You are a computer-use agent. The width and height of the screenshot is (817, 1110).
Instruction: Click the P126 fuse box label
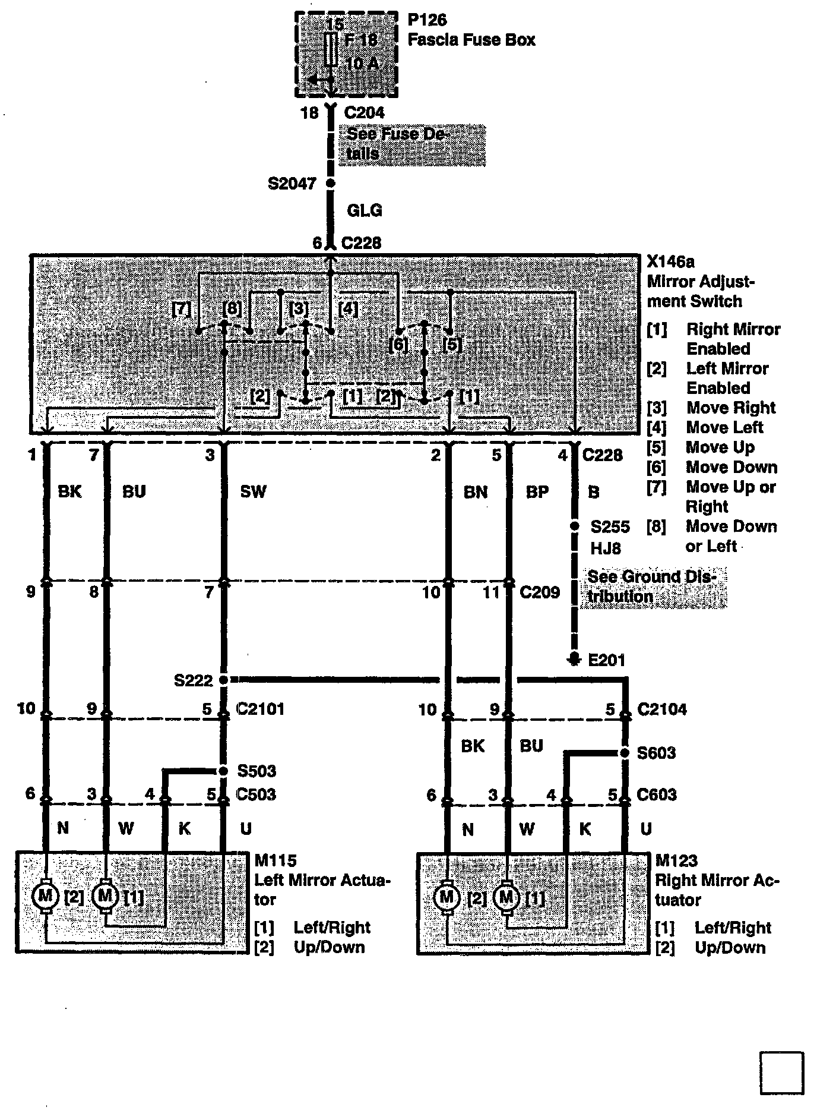[427, 20]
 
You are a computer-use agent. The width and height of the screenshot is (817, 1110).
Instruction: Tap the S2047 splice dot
[331, 184]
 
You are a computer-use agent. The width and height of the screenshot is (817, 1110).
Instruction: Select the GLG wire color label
[364, 210]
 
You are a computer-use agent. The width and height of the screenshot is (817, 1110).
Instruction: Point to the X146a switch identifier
[670, 261]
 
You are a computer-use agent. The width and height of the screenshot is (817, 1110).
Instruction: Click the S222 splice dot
[224, 679]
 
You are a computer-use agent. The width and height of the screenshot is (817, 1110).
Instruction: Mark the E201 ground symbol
[574, 659]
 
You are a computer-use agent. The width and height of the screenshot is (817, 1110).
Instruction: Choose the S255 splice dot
[574, 526]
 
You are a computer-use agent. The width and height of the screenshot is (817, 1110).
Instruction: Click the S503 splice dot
[223, 771]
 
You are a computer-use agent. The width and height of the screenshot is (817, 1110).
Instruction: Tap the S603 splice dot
[625, 753]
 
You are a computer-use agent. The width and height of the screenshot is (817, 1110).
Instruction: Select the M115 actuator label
[275, 860]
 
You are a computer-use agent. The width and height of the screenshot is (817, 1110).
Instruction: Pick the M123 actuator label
[676, 860]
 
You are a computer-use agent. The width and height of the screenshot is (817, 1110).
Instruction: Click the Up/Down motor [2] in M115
[45, 895]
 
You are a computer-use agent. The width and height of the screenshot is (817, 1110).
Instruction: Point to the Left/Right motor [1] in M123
[506, 895]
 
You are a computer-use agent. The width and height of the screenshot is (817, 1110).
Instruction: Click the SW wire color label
[254, 491]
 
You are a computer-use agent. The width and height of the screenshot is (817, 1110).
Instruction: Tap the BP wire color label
[537, 492]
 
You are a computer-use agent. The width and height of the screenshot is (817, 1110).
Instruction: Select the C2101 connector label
[260, 709]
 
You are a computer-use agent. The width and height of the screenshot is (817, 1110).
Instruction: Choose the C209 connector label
[539, 592]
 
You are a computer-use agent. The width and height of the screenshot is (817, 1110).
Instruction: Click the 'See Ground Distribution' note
[653, 586]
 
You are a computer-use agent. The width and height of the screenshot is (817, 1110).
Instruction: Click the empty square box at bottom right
[781, 1073]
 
